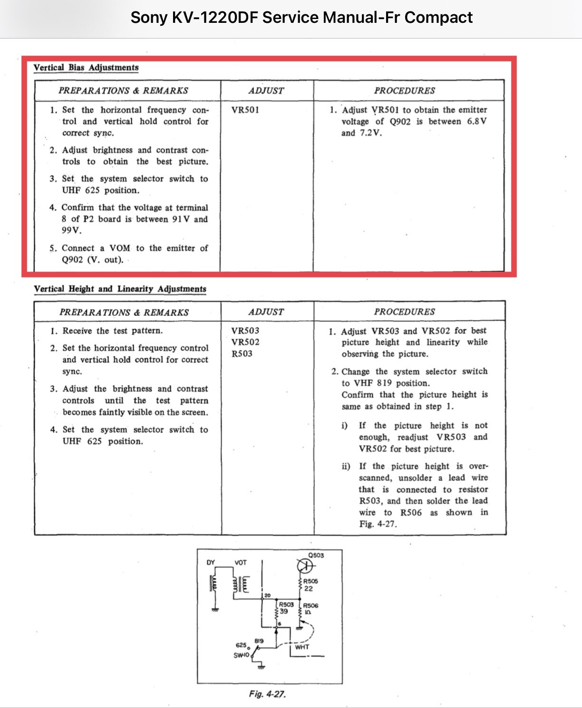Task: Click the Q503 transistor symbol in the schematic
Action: [305, 566]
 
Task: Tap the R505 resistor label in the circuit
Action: [310, 581]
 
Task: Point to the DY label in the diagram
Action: [211, 562]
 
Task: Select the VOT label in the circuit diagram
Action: [241, 562]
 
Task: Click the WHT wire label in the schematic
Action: [302, 647]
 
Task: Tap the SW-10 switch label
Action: [241, 655]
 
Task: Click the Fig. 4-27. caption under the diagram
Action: [267, 694]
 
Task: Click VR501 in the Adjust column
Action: [245, 110]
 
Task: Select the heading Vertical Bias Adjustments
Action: [86, 68]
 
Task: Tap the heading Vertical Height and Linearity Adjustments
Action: [120, 289]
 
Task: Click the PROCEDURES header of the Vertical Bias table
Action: [404, 90]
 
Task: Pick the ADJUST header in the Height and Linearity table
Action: [266, 312]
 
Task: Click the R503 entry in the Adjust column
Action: [242, 354]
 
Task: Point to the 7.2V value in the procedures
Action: [371, 133]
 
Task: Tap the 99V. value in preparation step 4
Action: [72, 231]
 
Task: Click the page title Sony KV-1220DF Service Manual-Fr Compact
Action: [301, 18]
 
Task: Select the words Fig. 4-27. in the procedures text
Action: [378, 524]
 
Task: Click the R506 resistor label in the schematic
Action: [310, 606]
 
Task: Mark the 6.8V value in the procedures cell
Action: [476, 121]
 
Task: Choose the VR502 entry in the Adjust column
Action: [245, 342]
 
